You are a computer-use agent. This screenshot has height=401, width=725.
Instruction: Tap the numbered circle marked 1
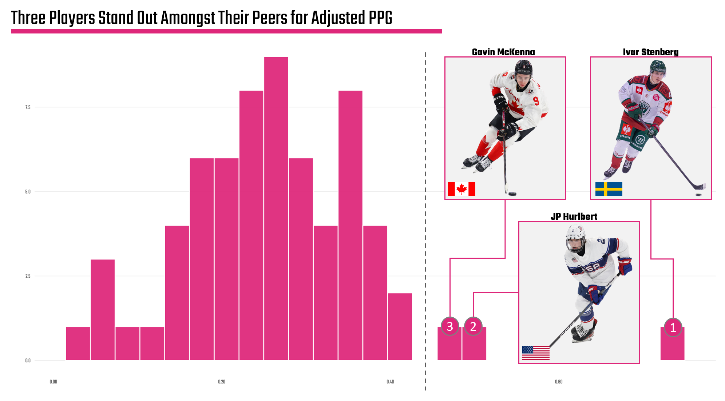click(673, 327)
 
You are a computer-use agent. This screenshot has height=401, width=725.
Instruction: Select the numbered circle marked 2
click(473, 326)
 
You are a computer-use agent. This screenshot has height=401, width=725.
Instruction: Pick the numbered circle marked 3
click(449, 326)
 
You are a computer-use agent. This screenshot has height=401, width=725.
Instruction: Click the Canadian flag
click(461, 189)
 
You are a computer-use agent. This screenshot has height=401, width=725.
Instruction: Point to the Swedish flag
click(609, 189)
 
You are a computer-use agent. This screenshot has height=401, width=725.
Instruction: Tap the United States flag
click(536, 353)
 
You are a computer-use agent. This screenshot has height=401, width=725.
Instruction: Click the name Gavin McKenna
click(503, 52)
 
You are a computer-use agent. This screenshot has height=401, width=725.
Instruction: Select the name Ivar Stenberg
click(650, 52)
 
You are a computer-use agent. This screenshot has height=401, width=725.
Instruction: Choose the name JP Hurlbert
click(574, 217)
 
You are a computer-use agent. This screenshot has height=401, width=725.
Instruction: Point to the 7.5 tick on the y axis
click(28, 107)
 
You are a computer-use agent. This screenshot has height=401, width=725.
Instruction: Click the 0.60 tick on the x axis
click(558, 382)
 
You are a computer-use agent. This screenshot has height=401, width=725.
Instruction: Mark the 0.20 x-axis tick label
click(222, 382)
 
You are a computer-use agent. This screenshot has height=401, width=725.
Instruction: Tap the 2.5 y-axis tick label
click(28, 276)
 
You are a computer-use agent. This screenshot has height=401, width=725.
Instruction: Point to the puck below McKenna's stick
click(512, 194)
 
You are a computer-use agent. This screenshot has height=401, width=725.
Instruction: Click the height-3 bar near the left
click(103, 309)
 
